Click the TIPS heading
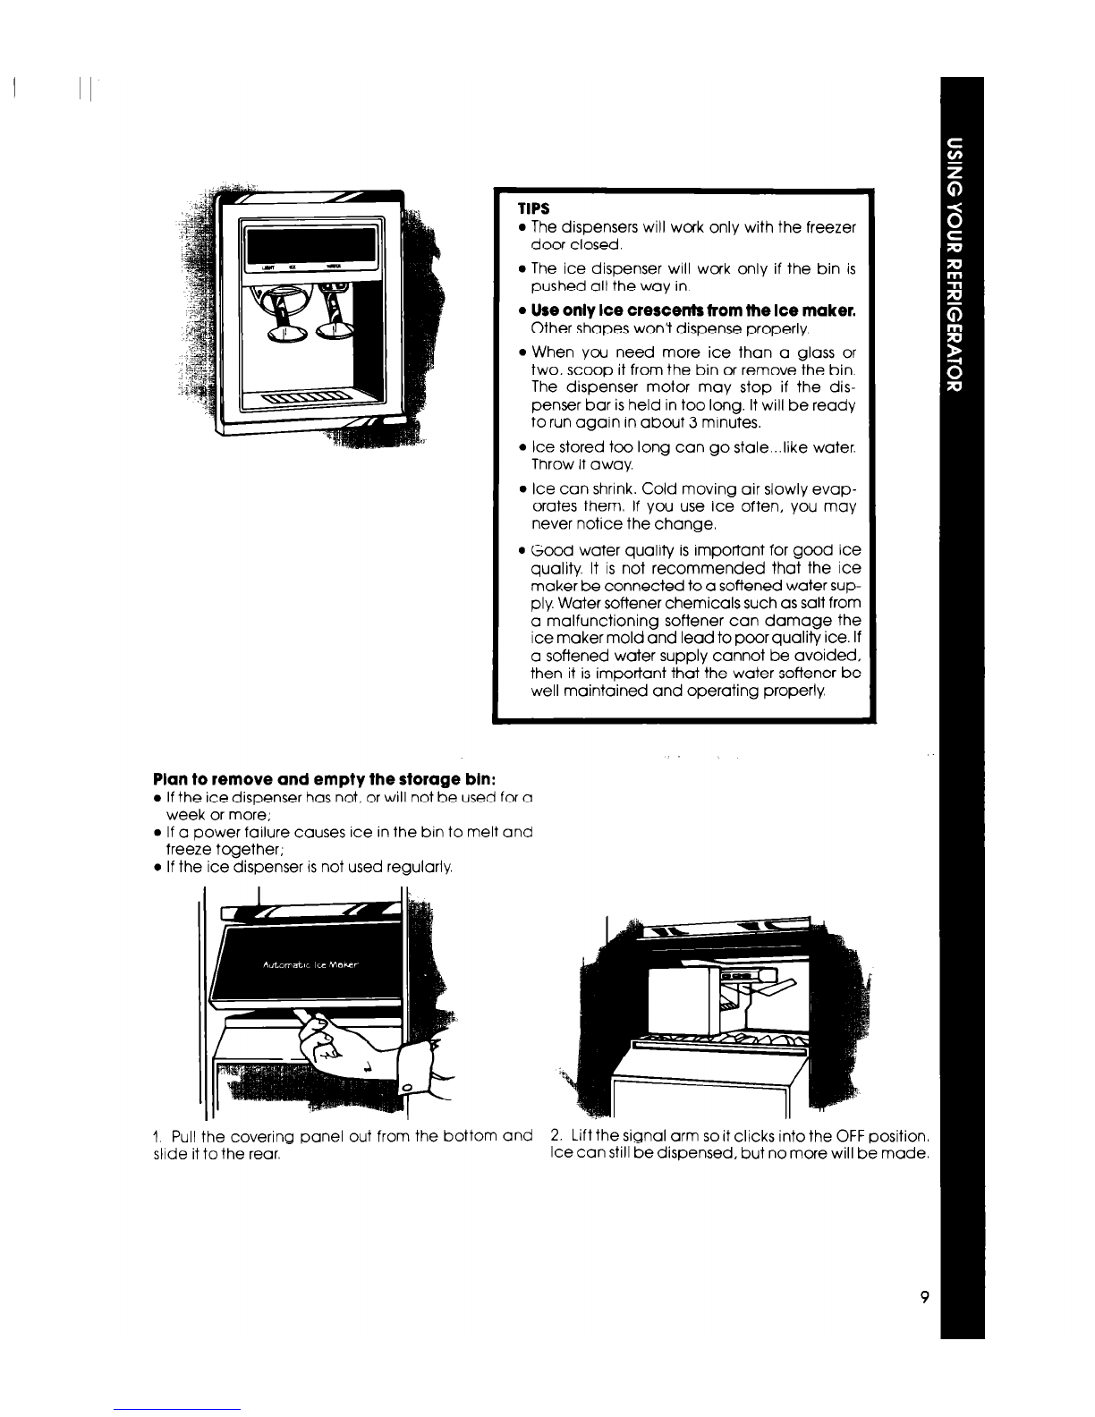point(533,208)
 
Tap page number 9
point(924,1297)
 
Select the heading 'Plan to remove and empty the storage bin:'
point(325,779)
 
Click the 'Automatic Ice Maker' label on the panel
point(310,964)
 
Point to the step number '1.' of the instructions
point(157,1136)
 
